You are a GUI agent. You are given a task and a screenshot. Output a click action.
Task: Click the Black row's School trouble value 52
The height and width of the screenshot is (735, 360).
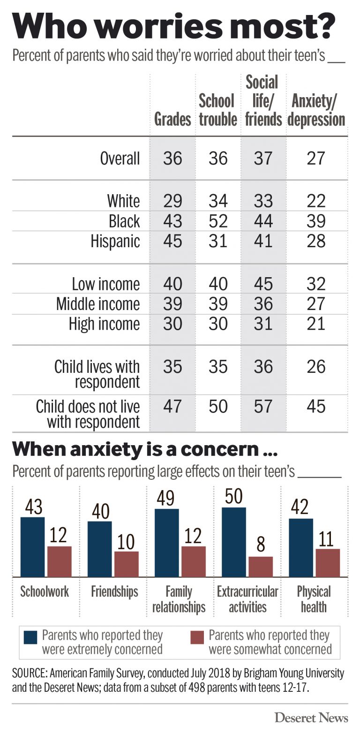coord(218,221)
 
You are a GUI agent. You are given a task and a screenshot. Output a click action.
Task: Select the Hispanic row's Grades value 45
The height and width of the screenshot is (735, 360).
coord(172,241)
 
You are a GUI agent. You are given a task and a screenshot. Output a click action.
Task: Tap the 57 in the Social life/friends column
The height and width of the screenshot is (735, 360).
coord(263,406)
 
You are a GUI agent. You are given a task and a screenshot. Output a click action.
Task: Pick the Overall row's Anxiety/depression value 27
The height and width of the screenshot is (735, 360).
coord(315,158)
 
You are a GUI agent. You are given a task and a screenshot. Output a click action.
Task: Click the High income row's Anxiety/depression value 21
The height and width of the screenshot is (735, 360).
coord(315,324)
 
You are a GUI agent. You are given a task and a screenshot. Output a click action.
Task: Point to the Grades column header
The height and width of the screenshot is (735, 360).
coord(172,119)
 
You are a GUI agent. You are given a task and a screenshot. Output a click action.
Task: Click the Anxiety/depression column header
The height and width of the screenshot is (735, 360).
coord(316,110)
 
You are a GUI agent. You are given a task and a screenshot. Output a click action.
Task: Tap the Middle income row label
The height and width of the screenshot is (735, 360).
coord(98,304)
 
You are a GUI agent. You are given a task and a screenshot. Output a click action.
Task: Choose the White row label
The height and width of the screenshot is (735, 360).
coord(123,201)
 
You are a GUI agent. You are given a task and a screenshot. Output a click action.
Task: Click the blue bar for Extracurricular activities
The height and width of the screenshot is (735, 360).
coord(233,542)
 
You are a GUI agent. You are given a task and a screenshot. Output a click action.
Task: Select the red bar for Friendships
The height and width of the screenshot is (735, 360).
coord(127,564)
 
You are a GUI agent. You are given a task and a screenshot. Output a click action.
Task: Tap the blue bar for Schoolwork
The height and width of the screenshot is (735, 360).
coord(32,547)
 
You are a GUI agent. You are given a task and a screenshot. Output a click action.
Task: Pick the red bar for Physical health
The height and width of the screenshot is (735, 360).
coord(328,562)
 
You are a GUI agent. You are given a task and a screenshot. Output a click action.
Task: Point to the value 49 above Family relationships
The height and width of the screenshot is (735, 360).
coord(166,499)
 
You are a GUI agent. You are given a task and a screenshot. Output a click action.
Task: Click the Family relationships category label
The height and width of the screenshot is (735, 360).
coord(179,599)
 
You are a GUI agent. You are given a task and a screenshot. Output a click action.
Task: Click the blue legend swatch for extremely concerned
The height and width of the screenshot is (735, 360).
coord(30,637)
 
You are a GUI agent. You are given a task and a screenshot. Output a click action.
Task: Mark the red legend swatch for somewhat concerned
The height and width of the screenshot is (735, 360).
coord(197,637)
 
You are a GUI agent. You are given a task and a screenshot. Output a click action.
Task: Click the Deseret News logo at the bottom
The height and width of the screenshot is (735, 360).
coord(311,717)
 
